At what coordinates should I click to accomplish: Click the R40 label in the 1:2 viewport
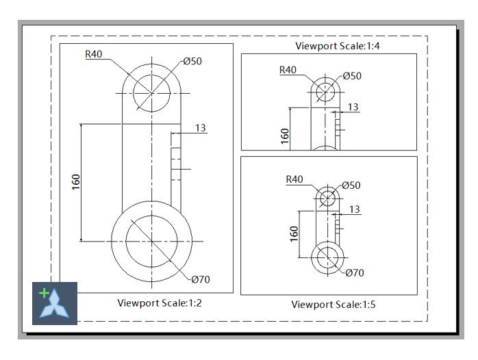click(94, 55)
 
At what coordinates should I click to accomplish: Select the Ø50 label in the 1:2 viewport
click(192, 62)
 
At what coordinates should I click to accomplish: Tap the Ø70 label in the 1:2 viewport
click(201, 279)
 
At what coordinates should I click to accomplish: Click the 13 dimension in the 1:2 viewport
click(201, 128)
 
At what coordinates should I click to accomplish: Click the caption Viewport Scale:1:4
click(329, 47)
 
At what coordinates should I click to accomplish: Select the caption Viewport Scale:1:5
click(334, 304)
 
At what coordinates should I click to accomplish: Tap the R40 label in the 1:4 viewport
click(288, 70)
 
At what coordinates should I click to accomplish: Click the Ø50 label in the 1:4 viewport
click(352, 76)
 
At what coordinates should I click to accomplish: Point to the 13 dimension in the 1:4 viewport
click(353, 107)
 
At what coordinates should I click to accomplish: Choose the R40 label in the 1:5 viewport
click(294, 179)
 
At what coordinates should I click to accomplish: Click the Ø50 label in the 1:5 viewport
click(351, 185)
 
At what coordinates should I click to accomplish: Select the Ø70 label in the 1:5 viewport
click(355, 272)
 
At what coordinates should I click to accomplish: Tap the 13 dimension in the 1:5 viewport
click(355, 209)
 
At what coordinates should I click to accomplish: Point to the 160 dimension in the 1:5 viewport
click(294, 233)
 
